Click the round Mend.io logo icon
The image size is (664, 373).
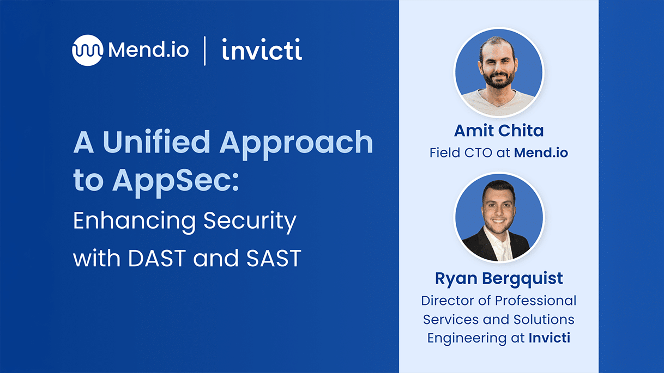87,50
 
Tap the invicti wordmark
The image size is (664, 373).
262,49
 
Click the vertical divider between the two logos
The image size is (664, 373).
205,51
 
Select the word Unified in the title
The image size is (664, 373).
156,142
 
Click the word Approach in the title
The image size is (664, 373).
296,145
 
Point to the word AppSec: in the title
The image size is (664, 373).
176,182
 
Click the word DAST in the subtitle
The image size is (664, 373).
157,258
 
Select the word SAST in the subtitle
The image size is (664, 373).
273,258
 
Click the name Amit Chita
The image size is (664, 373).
499,131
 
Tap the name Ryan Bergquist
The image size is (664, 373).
499,279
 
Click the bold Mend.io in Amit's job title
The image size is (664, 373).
541,153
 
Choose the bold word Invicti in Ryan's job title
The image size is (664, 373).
550,338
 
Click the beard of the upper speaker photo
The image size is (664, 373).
499,81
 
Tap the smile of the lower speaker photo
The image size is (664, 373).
498,221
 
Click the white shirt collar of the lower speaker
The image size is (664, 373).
499,243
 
